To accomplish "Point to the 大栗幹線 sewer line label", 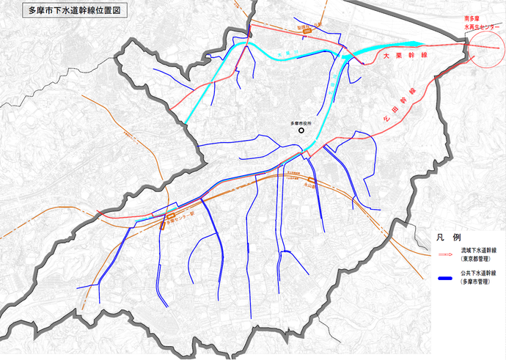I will pyautogui.click(x=402, y=56).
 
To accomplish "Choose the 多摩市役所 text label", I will pyautogui.click(x=296, y=123).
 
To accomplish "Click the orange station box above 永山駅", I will pyautogui.click(x=311, y=180).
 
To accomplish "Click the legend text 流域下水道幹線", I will pyautogui.click(x=481, y=251).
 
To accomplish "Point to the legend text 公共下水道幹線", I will pyautogui.click(x=481, y=273).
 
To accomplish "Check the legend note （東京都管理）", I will pyautogui.click(x=477, y=260).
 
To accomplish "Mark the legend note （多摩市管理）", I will pyautogui.click(x=477, y=282).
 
